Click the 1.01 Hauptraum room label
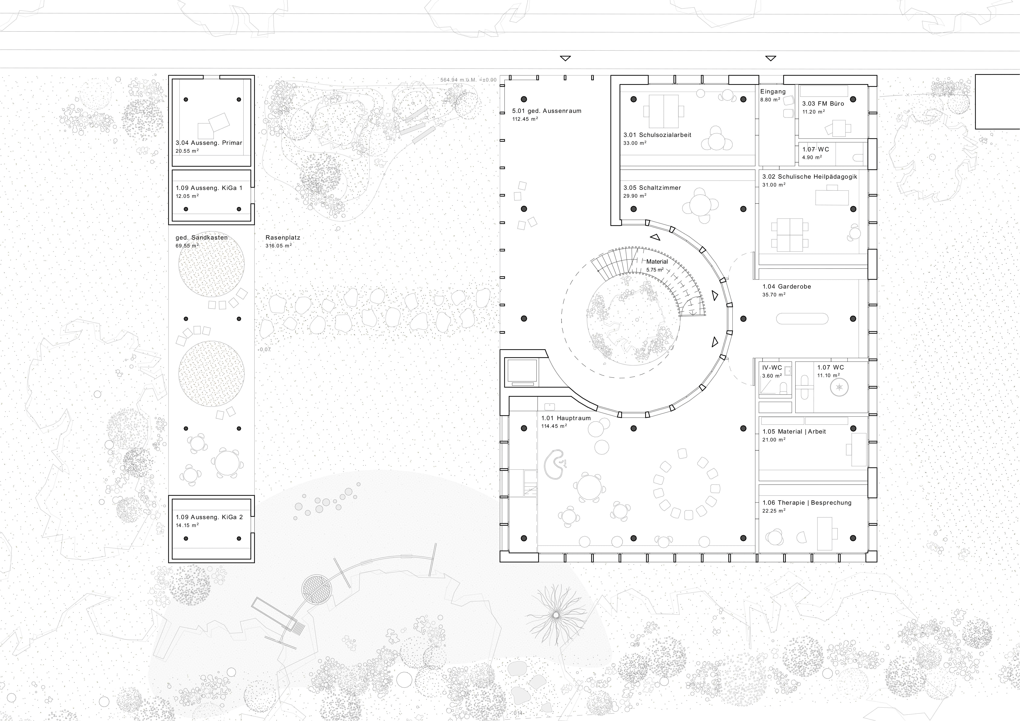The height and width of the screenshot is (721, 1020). (x=565, y=418)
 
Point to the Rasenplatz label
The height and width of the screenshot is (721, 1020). (x=283, y=238)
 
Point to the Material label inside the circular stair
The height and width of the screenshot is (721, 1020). (x=657, y=262)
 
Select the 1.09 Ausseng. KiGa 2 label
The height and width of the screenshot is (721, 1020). (x=209, y=517)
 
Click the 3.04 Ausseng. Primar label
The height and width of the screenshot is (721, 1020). (x=209, y=143)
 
